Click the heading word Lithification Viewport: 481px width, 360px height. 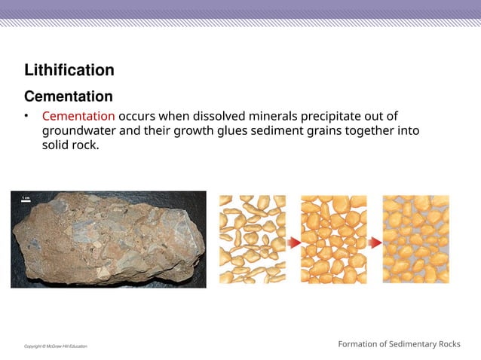pyautogui.click(x=69, y=71)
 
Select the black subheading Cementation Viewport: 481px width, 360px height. pyautogui.click(x=69, y=97)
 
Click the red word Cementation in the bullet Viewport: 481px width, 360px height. pyautogui.click(x=78, y=116)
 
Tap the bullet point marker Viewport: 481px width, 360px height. pyautogui.click(x=26, y=116)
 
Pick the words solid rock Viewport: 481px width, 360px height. pyautogui.click(x=70, y=145)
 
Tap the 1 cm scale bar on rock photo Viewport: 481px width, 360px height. pyautogui.click(x=24, y=198)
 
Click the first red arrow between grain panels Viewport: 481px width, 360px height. pyautogui.click(x=294, y=242)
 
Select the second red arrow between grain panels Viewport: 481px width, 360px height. pyautogui.click(x=375, y=242)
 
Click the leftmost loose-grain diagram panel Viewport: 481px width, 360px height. pyautogui.click(x=253, y=239)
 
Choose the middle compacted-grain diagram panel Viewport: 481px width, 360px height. pyautogui.click(x=334, y=239)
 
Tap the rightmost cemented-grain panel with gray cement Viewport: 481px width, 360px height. pyautogui.click(x=415, y=239)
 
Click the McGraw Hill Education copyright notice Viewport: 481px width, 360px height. pyautogui.click(x=55, y=346)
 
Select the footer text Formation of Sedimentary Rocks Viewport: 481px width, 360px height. pyautogui.click(x=399, y=344)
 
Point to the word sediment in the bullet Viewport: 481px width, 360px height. pyautogui.click(x=298, y=131)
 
